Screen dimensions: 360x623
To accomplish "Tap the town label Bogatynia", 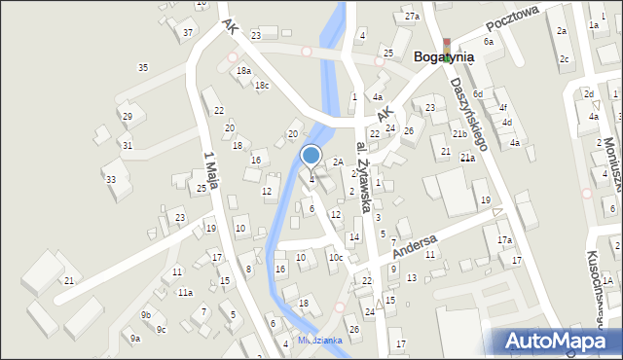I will (444, 56).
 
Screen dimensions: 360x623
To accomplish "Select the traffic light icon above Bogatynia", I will (447, 45).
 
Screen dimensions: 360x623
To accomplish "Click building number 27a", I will (412, 17).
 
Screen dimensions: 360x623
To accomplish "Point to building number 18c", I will (261, 86).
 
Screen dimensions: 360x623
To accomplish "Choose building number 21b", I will (458, 133).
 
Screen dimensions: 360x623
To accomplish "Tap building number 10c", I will (335, 258).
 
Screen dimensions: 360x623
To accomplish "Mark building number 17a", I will (504, 240).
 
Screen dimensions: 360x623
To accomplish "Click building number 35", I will (143, 67).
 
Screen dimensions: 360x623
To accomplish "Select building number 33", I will (111, 179).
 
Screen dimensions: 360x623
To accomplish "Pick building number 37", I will (188, 32).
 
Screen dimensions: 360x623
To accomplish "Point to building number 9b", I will (145, 315).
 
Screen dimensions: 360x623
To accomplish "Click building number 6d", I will (477, 93).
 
